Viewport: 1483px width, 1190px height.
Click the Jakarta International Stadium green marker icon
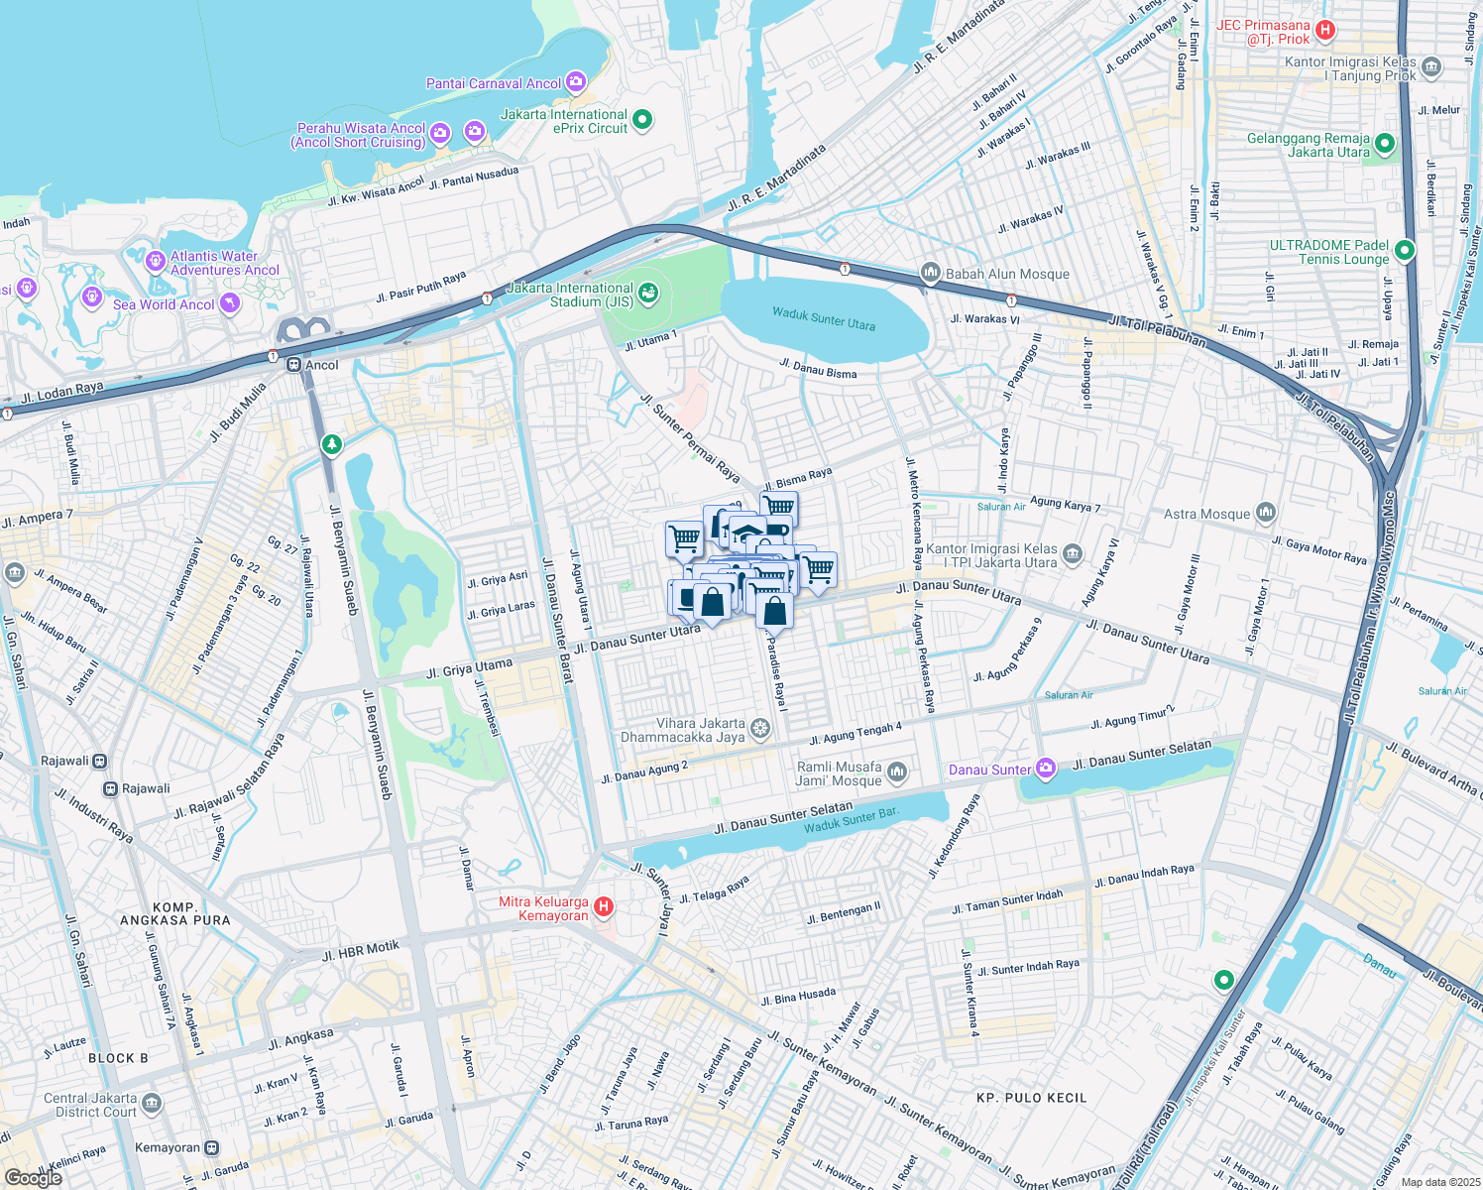(x=648, y=293)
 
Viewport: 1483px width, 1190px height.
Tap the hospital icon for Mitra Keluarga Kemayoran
(x=603, y=907)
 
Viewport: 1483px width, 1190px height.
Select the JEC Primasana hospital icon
(x=1325, y=31)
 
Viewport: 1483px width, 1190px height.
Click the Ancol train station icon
(x=294, y=365)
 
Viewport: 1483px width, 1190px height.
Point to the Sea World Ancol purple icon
(x=230, y=303)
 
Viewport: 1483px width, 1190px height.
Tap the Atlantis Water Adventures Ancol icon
(x=155, y=262)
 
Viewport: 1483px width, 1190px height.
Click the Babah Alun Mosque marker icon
(x=930, y=273)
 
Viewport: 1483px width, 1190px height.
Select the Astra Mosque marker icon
(x=1265, y=513)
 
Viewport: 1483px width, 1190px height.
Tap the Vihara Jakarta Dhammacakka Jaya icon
(x=759, y=730)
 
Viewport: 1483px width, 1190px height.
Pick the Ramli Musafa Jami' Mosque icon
(x=896, y=772)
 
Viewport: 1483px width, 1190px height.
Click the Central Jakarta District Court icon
(x=151, y=1103)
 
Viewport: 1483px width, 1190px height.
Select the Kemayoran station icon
(x=211, y=1147)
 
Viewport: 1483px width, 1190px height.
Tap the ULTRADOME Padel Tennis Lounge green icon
(x=1404, y=251)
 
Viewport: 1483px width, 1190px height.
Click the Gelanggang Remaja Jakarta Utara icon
(x=1385, y=144)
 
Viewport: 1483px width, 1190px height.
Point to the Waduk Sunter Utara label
(x=824, y=318)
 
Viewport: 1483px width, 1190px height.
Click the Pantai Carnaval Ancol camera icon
(x=576, y=82)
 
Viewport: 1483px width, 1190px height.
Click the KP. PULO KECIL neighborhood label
(x=1031, y=1098)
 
